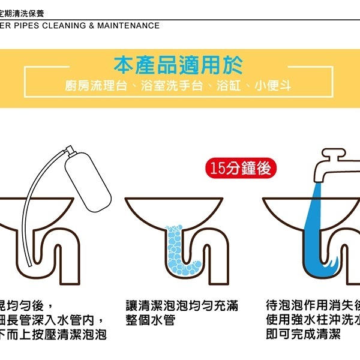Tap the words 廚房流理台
coord(96,86)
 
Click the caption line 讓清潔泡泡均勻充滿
coord(182,305)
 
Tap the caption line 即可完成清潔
coord(306,335)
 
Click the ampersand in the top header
coord(91,26)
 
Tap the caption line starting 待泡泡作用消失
coord(312,305)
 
